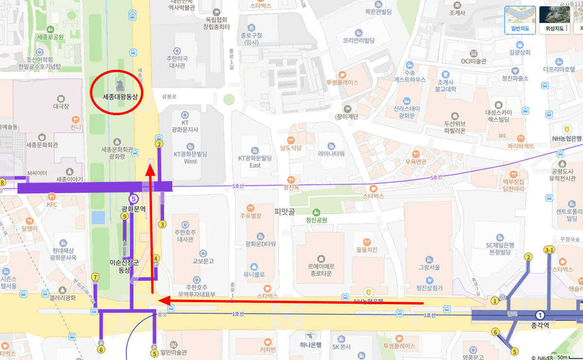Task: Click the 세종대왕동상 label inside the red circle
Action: (x=120, y=97)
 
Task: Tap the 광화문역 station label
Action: (x=134, y=209)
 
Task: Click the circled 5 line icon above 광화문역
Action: (x=134, y=198)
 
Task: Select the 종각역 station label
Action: (x=540, y=326)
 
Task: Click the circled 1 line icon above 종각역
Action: (x=540, y=315)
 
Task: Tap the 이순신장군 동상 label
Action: (x=125, y=266)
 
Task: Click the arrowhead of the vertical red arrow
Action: (x=151, y=170)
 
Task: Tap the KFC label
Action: (x=52, y=205)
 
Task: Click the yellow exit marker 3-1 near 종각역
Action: (x=549, y=250)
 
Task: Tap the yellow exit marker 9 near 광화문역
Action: (x=125, y=216)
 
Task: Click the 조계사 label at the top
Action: (x=457, y=13)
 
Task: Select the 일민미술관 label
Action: (x=173, y=352)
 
